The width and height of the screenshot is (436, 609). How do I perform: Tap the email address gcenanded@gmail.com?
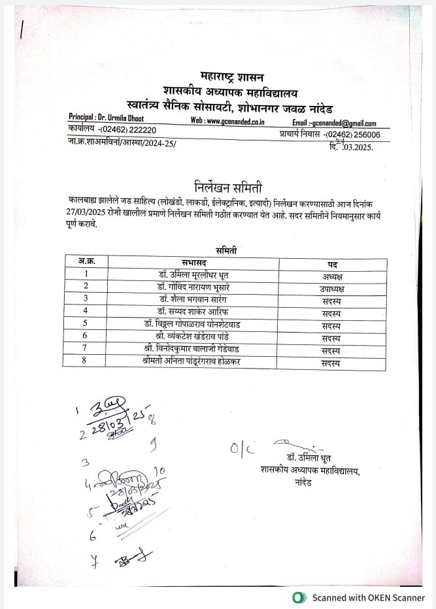point(343,122)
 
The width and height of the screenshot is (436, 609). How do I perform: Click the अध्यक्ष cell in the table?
point(331,274)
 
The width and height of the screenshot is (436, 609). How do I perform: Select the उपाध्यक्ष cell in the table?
point(331,288)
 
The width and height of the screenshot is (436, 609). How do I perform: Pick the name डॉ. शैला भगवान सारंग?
point(193,299)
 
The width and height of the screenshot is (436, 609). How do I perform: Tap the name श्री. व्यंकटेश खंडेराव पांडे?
point(193,336)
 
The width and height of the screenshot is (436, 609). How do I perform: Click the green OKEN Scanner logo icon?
point(300,597)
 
